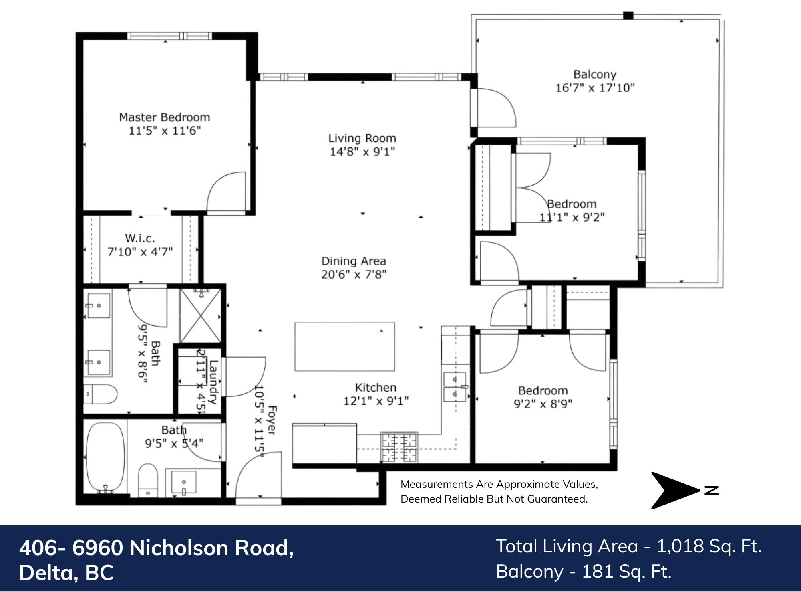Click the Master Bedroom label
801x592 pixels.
(x=165, y=117)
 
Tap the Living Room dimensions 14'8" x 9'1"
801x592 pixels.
(x=362, y=152)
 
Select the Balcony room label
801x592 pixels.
(x=595, y=75)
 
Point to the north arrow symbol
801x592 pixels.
(x=675, y=490)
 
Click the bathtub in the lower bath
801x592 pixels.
(x=105, y=458)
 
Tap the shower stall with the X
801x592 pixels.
(x=200, y=316)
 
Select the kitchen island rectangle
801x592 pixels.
(x=345, y=347)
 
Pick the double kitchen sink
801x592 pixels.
(x=455, y=386)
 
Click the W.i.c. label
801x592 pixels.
(x=140, y=238)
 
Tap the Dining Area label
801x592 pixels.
(x=354, y=261)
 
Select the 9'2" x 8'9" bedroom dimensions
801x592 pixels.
(x=543, y=404)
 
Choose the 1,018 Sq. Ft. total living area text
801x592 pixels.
(x=709, y=546)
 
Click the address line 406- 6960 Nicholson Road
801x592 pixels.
(x=156, y=548)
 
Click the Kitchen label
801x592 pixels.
(x=376, y=388)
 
